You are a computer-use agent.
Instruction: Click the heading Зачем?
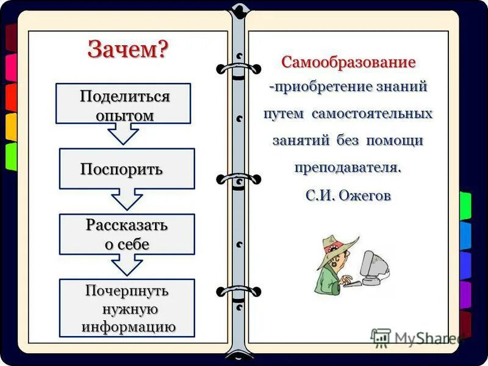[x=127, y=49]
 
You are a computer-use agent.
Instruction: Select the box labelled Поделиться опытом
[x=123, y=104]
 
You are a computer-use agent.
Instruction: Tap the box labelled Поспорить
[x=126, y=168]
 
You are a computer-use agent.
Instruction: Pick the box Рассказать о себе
[x=126, y=234]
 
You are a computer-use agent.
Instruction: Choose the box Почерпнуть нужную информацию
[x=126, y=308]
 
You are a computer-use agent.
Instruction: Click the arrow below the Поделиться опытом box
[x=124, y=134]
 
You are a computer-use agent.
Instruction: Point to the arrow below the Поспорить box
[x=127, y=199]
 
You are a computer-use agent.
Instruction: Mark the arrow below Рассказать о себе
[x=127, y=264]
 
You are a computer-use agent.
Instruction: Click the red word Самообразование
[x=348, y=62]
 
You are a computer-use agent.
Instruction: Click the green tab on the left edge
[x=11, y=156]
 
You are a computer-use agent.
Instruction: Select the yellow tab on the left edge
[x=11, y=127]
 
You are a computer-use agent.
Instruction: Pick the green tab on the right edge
[x=465, y=206]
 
